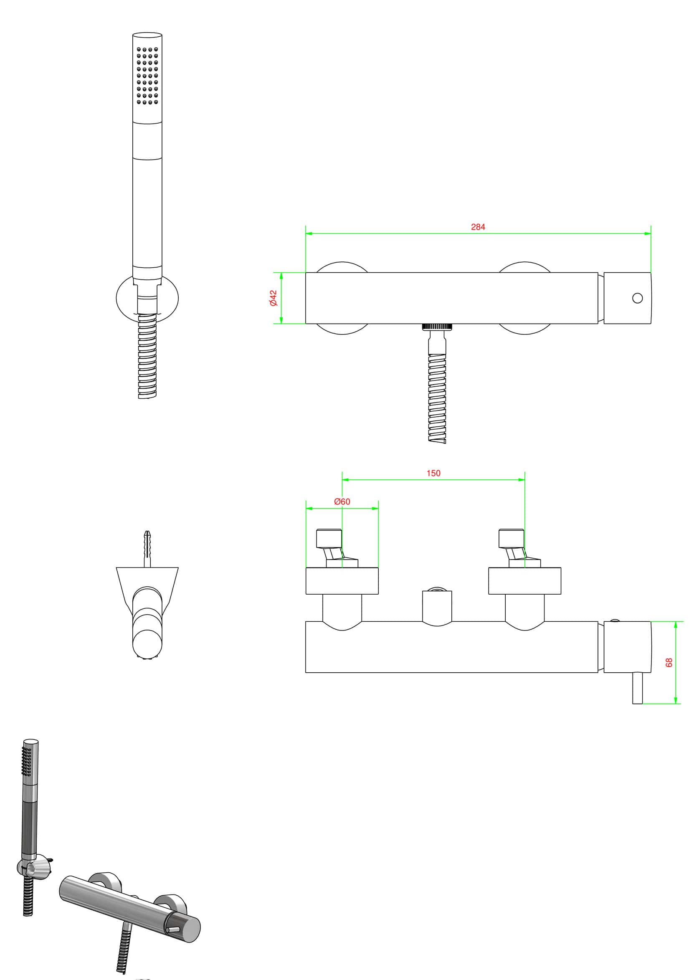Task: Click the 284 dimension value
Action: (478, 227)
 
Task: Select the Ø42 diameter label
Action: (273, 298)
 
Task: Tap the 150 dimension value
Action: (433, 473)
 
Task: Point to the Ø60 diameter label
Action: (342, 501)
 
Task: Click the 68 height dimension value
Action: (669, 662)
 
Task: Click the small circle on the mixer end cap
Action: (637, 298)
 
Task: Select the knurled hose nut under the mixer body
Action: (437, 327)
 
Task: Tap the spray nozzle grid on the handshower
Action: (147, 76)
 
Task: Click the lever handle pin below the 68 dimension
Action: (637, 688)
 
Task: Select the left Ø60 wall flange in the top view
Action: (342, 581)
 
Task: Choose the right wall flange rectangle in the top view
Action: (524, 581)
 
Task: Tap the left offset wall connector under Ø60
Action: (333, 548)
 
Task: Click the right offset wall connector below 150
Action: (515, 548)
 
